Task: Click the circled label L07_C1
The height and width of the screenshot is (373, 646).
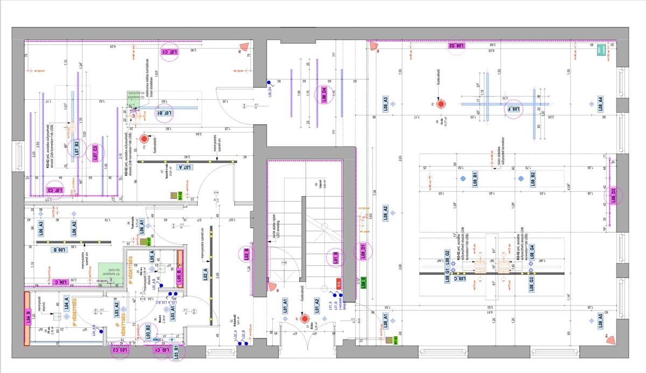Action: [x=170, y=52]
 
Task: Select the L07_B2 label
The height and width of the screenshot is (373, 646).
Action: [x=78, y=149]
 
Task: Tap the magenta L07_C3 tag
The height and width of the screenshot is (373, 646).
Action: [x=96, y=153]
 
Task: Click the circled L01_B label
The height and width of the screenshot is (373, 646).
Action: [x=335, y=258]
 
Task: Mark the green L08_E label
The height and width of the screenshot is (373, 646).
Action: [x=364, y=281]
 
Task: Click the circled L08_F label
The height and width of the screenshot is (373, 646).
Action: [x=513, y=109]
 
